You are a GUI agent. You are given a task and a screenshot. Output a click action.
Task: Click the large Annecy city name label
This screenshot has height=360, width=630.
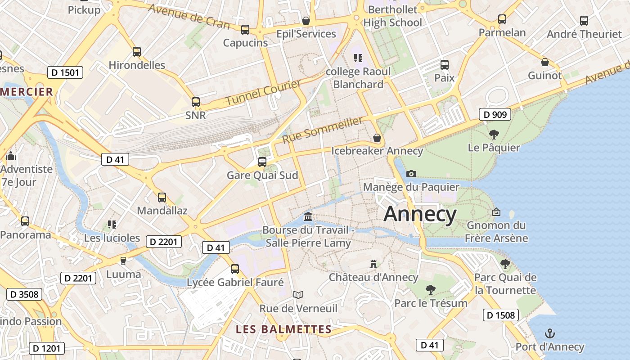420,214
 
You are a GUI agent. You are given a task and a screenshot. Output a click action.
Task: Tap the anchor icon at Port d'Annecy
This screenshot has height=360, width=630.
550,333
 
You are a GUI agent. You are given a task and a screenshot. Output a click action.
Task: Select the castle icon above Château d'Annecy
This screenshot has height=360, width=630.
373,264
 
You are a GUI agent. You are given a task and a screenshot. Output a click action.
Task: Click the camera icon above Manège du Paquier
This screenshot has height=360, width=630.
411,174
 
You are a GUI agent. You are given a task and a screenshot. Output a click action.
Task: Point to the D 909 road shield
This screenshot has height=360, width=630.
495,114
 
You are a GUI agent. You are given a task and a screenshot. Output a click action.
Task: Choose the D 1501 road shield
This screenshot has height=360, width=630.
65,72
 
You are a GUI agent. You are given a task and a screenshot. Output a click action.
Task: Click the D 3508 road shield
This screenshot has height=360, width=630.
24,294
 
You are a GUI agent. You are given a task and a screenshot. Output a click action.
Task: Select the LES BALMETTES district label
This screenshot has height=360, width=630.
283,329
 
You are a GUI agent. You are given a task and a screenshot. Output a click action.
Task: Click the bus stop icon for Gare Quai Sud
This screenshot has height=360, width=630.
262,162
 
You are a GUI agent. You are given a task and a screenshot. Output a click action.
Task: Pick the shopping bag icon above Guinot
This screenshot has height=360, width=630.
544,62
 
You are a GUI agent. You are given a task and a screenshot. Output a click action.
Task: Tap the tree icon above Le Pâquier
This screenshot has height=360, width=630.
494,134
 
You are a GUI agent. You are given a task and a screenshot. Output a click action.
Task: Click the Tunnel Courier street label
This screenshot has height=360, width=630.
263,93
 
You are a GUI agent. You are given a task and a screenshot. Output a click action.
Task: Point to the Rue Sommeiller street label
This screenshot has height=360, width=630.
322,130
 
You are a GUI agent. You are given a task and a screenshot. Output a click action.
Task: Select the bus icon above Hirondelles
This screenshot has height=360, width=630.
137,52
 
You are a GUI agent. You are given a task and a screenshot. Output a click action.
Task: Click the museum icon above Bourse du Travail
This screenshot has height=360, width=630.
308,217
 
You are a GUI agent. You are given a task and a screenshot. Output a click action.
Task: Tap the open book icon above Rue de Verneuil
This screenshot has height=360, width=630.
298,295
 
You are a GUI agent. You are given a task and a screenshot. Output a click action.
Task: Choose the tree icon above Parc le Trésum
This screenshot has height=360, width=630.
430,289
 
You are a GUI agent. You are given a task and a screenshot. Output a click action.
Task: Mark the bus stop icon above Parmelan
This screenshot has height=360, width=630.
502,19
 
